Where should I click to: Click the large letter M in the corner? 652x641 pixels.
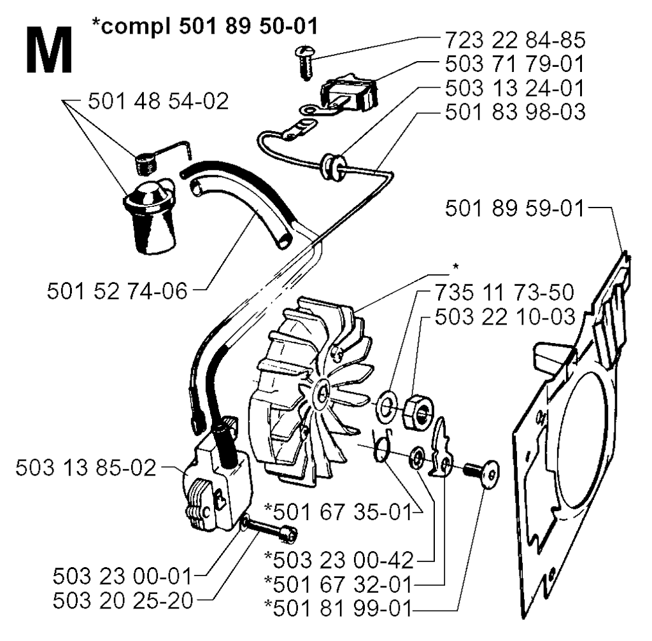[x=49, y=51]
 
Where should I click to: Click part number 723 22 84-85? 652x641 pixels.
[x=515, y=40]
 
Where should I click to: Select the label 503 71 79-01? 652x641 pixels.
[x=514, y=64]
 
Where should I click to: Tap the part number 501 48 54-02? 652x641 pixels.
[x=159, y=101]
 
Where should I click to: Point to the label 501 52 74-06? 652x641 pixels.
[x=117, y=291]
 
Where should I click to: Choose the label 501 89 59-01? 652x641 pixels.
[x=514, y=208]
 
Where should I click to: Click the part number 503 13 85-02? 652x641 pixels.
[x=86, y=468]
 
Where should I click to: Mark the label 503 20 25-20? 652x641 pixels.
[x=123, y=601]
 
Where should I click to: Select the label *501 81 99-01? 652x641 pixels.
[x=339, y=609]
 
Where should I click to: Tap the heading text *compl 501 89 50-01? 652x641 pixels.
[x=205, y=26]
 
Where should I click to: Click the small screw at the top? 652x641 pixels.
[x=305, y=63]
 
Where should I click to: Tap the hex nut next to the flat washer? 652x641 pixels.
[x=418, y=412]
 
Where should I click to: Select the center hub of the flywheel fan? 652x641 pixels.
[x=321, y=392]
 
